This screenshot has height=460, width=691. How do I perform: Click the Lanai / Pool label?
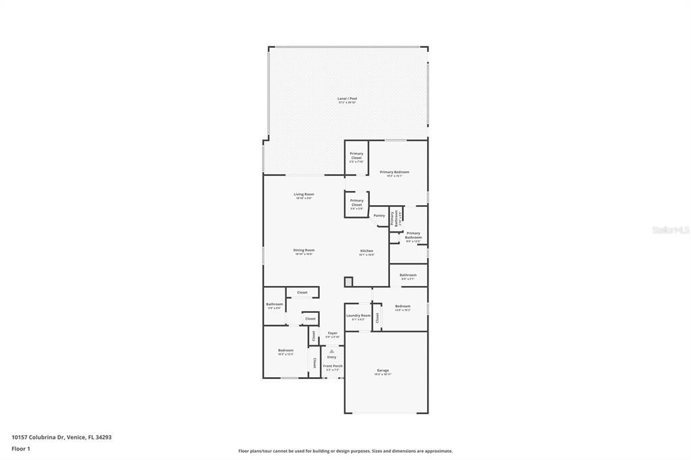(x=347, y=98)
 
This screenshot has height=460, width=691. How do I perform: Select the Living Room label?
(x=304, y=194)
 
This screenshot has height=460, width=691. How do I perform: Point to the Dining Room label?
(x=304, y=250)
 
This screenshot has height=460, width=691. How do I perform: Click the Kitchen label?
(x=366, y=251)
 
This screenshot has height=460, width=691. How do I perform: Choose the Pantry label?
(x=379, y=215)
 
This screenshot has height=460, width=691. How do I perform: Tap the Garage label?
(x=383, y=370)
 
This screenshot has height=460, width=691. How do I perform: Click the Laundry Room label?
(x=358, y=316)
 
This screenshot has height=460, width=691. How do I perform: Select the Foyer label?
(x=332, y=333)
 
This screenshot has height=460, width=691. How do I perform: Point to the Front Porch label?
(x=333, y=366)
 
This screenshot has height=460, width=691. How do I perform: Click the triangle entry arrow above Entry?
(x=332, y=351)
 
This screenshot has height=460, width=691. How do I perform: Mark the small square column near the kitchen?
(x=348, y=281)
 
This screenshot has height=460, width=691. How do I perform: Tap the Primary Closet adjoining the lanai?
(x=356, y=155)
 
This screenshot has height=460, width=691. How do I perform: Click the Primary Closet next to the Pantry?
(x=356, y=202)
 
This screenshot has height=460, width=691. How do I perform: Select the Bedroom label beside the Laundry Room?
(x=402, y=306)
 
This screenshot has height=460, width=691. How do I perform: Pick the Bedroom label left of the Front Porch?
(x=286, y=350)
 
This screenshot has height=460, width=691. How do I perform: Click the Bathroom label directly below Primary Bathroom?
(x=408, y=275)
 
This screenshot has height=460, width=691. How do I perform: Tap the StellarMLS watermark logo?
(x=671, y=230)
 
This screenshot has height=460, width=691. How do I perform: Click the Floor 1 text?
(x=21, y=449)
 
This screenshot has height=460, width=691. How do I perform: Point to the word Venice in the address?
(x=76, y=437)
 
